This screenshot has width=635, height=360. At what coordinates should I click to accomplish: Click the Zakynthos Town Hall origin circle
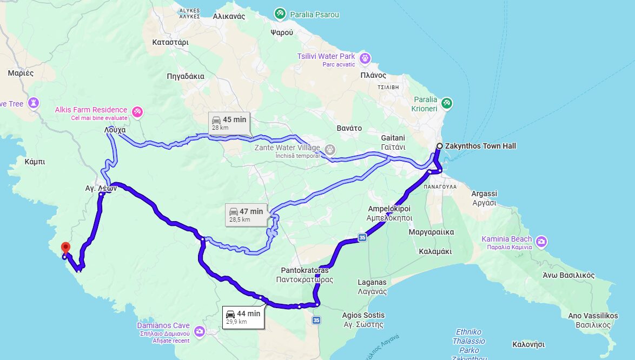click(439, 146)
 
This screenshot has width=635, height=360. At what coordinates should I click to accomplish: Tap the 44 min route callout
click(243, 317)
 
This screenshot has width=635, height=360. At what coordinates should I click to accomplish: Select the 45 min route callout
click(229, 123)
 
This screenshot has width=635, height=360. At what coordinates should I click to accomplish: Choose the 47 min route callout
click(246, 215)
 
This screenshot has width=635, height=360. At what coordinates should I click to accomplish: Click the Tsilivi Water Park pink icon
click(365, 58)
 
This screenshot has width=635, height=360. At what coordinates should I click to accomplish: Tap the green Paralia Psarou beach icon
click(280, 13)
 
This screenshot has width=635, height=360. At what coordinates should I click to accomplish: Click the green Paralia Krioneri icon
click(446, 103)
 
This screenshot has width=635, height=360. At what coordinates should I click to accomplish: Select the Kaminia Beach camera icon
click(541, 241)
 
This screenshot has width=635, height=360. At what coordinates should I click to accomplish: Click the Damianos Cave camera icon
click(200, 331)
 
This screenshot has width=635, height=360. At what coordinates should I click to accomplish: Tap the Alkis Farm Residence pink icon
click(137, 111)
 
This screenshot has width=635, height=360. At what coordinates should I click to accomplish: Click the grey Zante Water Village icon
click(329, 149)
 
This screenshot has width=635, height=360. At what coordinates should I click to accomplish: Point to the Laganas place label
click(372, 286)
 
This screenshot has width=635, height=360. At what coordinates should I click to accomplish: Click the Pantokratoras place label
click(304, 275)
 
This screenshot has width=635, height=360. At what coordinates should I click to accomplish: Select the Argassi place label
click(484, 198)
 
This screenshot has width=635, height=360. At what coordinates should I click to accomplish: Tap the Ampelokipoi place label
click(389, 213)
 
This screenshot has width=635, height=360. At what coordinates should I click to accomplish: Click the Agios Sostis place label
click(363, 319)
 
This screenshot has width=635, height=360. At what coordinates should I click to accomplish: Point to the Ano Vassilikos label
click(593, 320)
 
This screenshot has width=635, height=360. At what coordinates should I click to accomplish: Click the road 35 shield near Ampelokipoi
click(362, 237)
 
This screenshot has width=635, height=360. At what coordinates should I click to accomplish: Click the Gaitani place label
click(393, 143)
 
